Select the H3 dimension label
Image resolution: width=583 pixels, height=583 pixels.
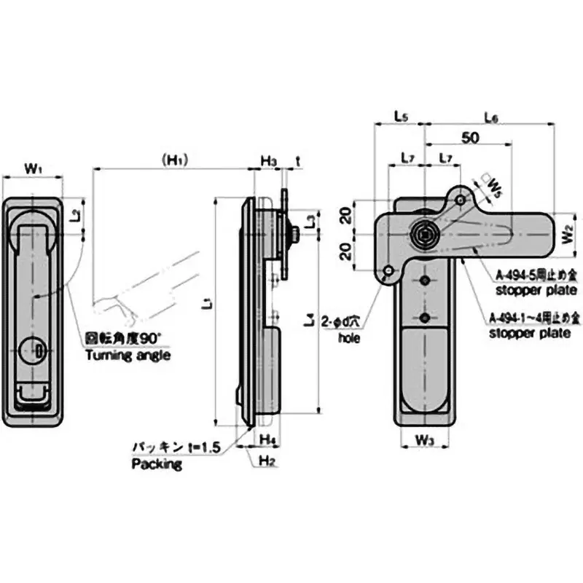[x=268, y=160]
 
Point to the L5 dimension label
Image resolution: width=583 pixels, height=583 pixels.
[x=400, y=116]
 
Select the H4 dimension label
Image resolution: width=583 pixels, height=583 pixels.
[x=267, y=439]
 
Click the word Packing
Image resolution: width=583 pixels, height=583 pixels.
[x=156, y=464]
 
